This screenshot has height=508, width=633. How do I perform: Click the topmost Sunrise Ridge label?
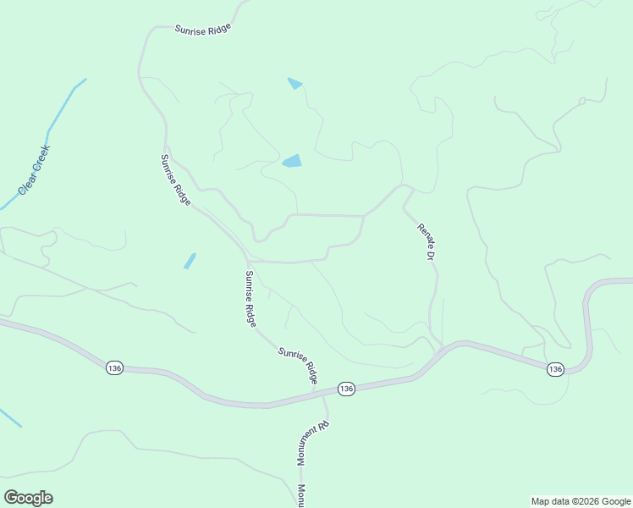coord(202,28)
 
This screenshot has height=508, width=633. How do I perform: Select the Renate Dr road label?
coord(426,241)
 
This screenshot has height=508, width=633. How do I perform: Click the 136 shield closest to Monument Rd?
coord(346,388)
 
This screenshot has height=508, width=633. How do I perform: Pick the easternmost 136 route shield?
coord(555,369)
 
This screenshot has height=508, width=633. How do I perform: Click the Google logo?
coord(28,498)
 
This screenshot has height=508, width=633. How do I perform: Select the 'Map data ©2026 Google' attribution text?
coord(581,501)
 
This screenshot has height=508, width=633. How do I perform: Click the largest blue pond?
coord(291,161)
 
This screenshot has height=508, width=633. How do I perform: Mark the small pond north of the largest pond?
coord(294,83)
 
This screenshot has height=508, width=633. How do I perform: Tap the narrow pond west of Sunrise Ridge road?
coord(190,261)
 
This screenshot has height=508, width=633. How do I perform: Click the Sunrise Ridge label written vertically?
coord(250,298)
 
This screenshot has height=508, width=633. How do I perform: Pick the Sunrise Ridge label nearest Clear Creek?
coord(176,179)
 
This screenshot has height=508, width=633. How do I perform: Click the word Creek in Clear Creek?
coord(41,161)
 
